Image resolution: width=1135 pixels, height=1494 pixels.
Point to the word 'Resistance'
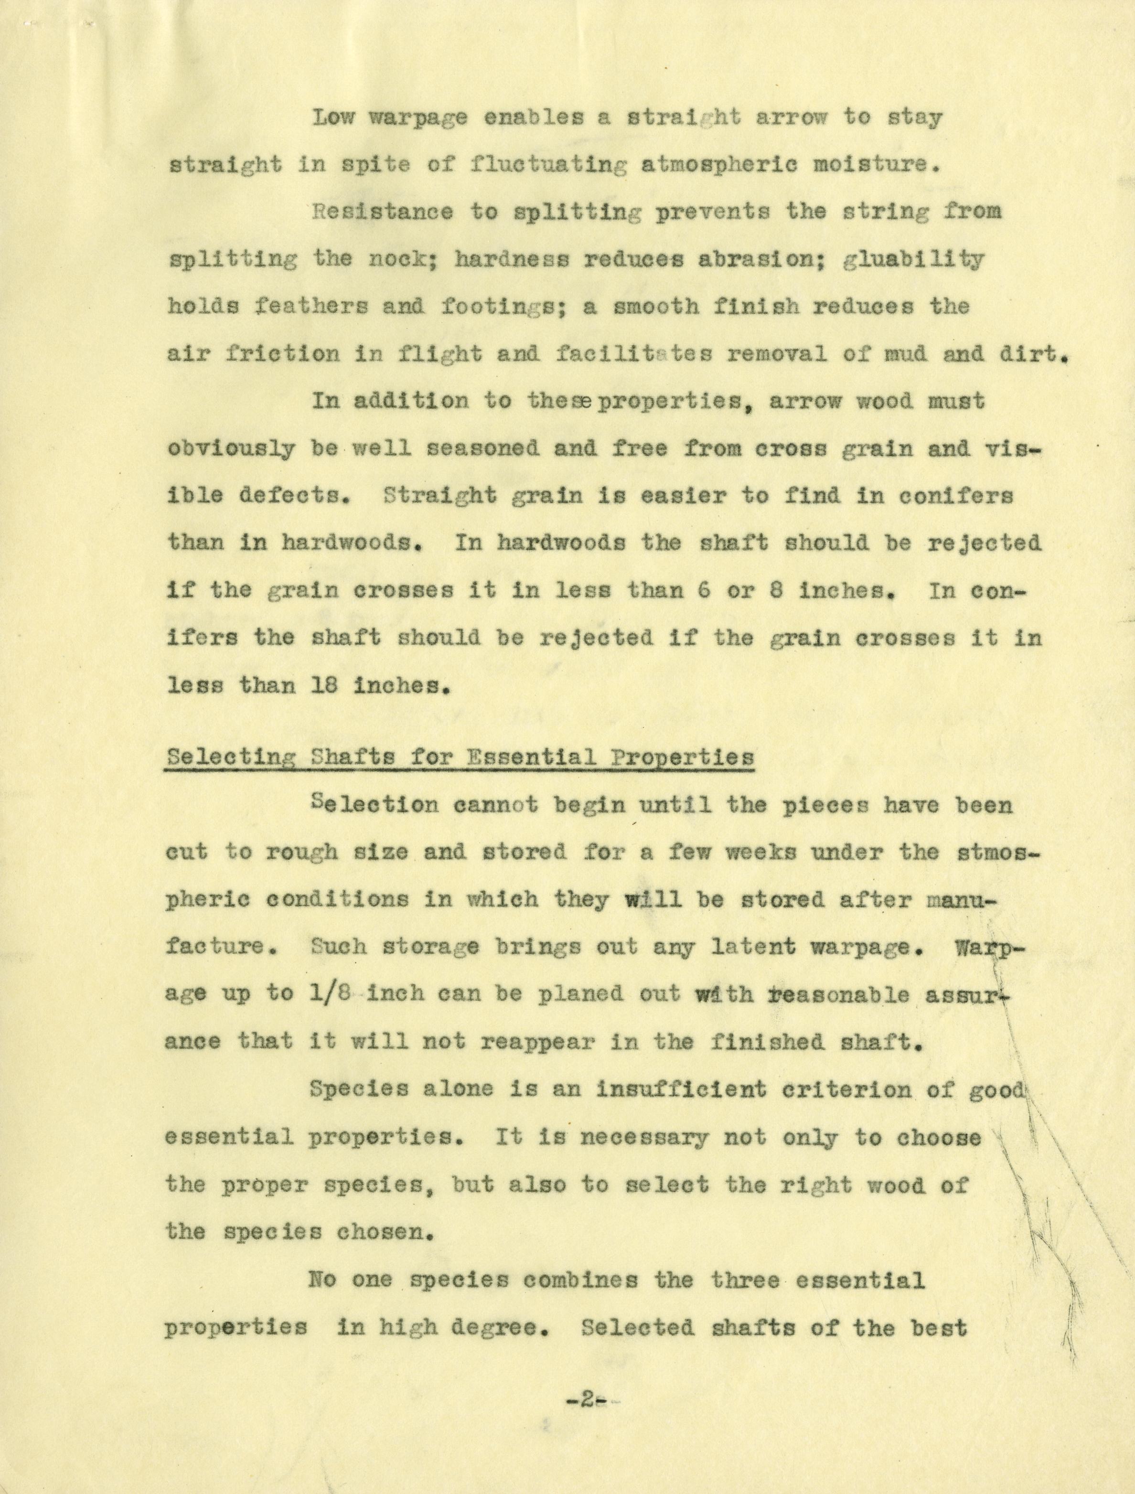(x=382, y=212)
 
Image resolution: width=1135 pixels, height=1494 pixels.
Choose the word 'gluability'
(x=913, y=260)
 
